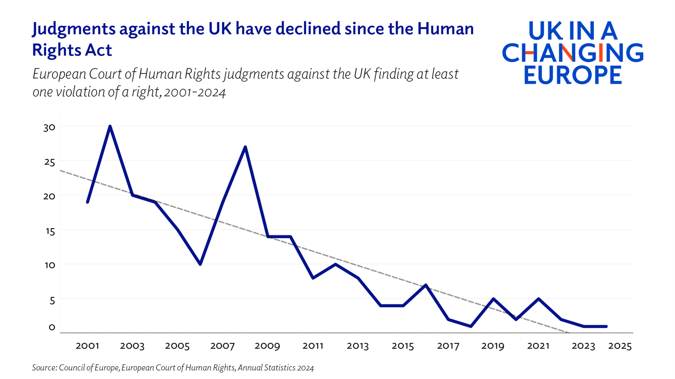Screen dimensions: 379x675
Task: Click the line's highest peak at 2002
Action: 110,127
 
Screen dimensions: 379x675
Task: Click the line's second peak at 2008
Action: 245,147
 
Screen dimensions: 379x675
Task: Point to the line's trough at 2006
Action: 200,264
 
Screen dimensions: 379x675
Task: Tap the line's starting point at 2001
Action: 88,202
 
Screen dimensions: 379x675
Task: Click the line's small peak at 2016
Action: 426,285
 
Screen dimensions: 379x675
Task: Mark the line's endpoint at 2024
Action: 606,326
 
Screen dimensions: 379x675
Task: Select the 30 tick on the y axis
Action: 49,127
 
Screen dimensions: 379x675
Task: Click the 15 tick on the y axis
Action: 50,231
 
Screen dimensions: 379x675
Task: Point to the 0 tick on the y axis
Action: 52,327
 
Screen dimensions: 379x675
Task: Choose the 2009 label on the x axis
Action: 267,346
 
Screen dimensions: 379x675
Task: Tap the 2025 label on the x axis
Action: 620,346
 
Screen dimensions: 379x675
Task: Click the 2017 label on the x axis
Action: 448,346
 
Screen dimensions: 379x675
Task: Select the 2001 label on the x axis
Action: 87,346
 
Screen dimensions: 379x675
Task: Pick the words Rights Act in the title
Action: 72,50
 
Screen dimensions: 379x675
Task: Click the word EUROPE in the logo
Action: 573,75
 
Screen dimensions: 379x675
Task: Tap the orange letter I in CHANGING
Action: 601,53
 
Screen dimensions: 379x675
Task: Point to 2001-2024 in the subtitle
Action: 195,92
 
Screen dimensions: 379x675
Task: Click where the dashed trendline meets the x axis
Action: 568,333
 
